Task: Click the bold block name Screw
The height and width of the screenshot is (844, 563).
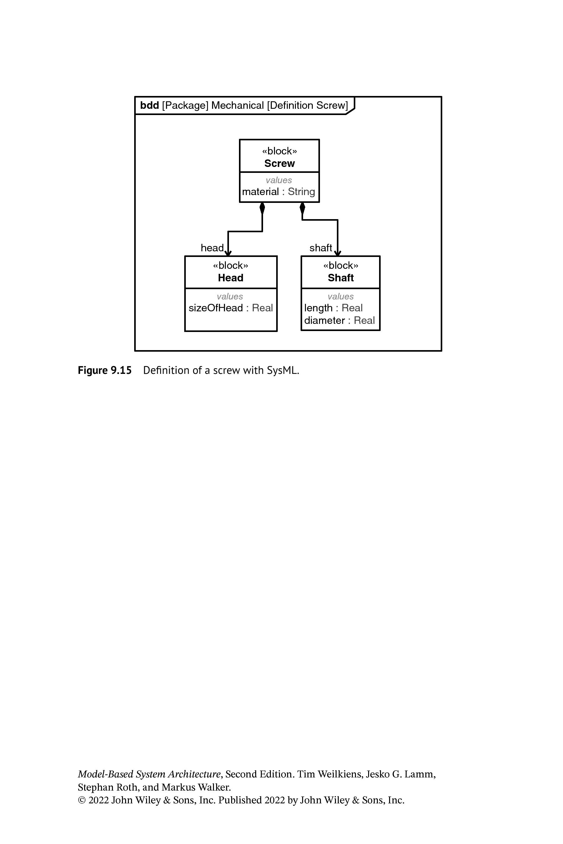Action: tap(279, 163)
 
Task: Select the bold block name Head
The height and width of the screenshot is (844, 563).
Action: tap(231, 278)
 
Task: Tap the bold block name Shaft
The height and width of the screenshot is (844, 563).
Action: tap(341, 278)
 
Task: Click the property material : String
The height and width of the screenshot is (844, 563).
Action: tap(279, 192)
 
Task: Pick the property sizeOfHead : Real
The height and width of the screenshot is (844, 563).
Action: tap(231, 308)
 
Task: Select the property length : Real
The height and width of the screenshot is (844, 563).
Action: tap(333, 308)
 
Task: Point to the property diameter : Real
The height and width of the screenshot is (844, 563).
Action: tap(339, 320)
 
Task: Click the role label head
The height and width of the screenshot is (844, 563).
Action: tap(212, 248)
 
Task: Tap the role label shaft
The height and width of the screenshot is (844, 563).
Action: tap(321, 248)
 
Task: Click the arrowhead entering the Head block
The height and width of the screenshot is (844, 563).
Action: tap(228, 253)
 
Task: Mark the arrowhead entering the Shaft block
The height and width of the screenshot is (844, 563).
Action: tap(337, 253)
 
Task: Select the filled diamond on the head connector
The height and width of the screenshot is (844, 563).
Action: tap(262, 208)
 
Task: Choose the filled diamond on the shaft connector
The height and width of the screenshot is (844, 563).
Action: tap(302, 208)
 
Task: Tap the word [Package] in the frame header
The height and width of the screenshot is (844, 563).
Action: tap(185, 106)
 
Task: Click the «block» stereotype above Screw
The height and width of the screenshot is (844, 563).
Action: tap(279, 151)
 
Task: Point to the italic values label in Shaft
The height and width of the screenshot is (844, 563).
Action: tap(340, 296)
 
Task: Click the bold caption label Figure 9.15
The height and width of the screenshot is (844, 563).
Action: tap(105, 370)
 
